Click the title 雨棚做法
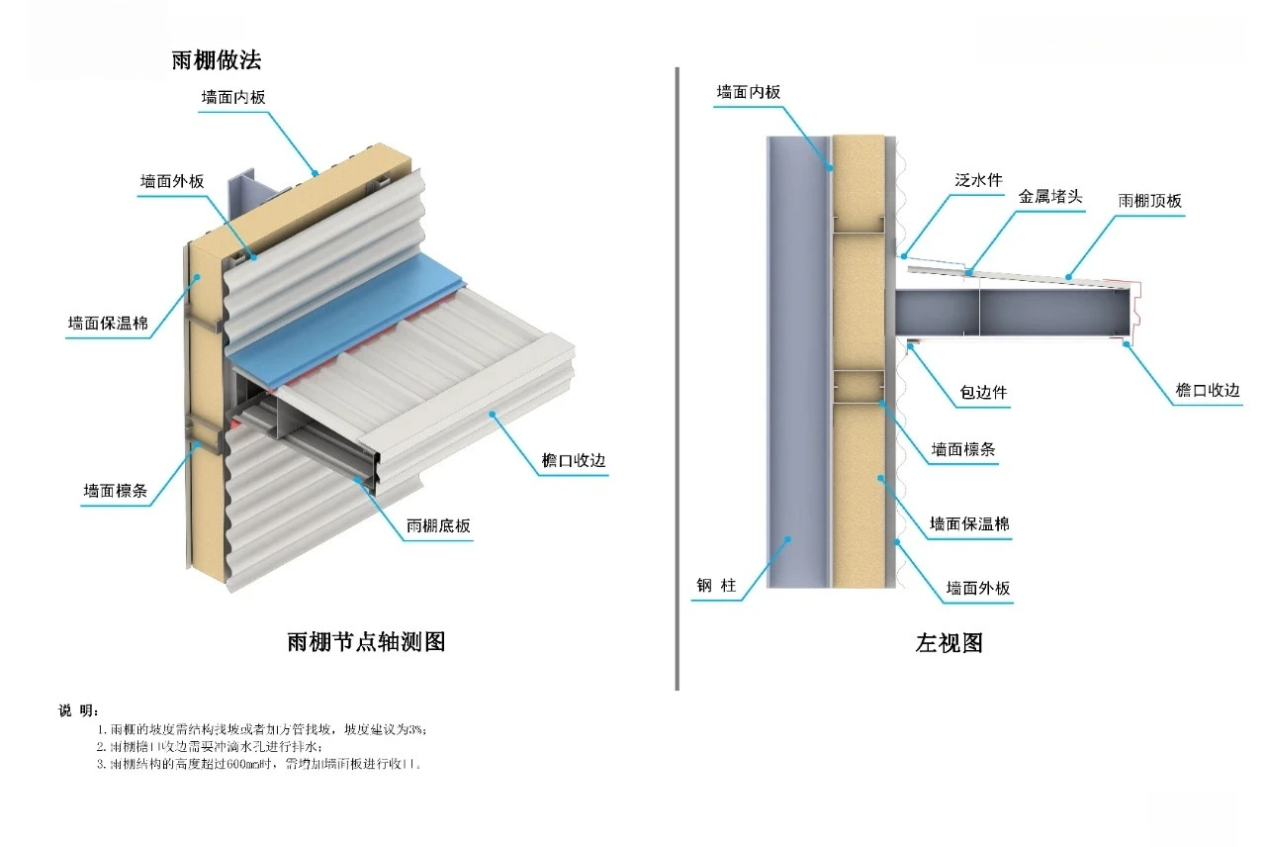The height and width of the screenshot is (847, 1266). click(x=217, y=59)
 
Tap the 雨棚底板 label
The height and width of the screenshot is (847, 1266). click(x=438, y=526)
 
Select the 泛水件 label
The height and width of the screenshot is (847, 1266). click(x=979, y=180)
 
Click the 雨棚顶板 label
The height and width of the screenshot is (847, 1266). click(x=1149, y=200)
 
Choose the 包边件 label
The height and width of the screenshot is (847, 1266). click(x=983, y=393)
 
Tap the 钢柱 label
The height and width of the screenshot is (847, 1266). click(x=715, y=586)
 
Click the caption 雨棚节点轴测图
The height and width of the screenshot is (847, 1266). click(x=366, y=641)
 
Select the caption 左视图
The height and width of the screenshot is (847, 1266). click(x=949, y=643)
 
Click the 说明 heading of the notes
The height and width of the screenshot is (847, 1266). click(x=78, y=710)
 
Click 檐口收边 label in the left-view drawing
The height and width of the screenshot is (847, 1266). click(x=1207, y=390)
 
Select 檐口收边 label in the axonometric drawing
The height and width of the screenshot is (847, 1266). click(x=574, y=461)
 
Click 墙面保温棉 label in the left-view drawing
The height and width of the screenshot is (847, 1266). click(x=969, y=523)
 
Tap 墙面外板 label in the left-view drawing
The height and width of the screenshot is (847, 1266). click(x=978, y=588)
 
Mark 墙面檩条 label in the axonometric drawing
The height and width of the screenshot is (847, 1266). click(x=116, y=490)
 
